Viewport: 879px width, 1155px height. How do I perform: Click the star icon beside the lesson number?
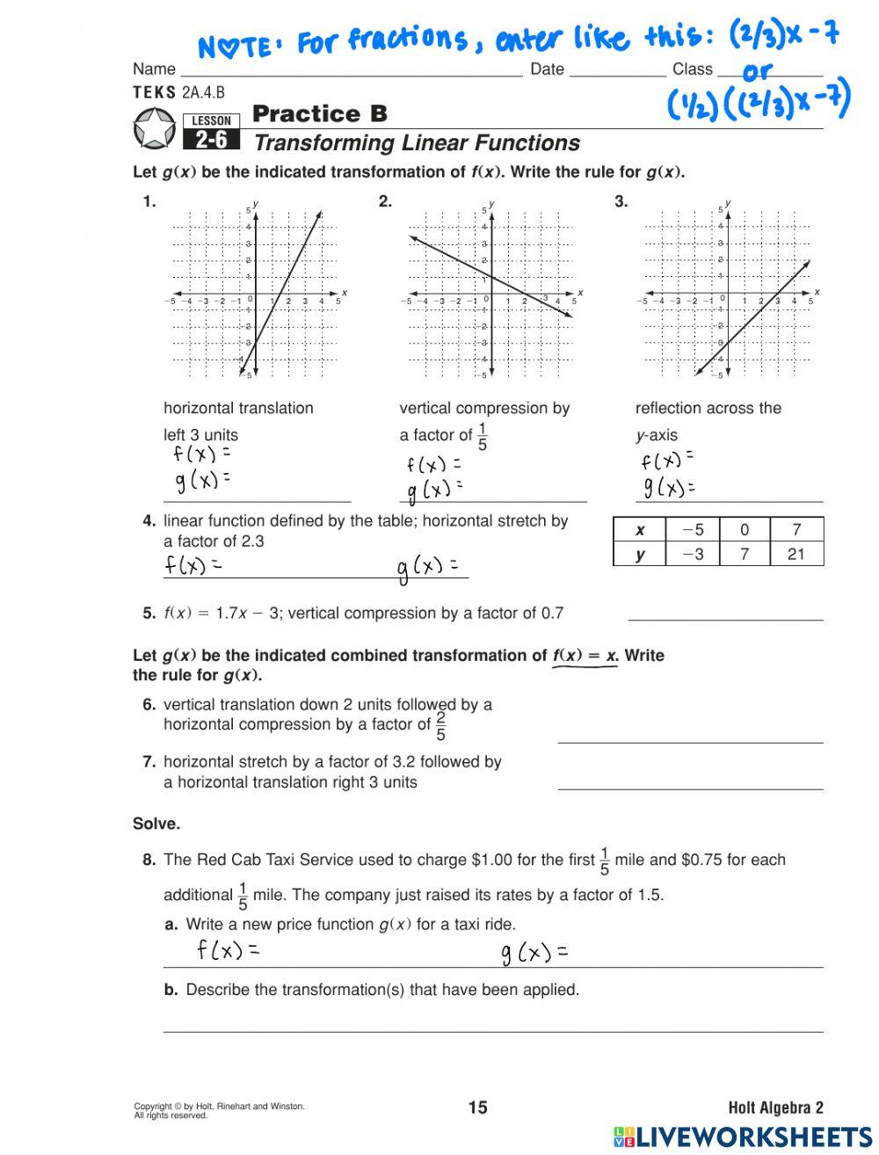(155, 127)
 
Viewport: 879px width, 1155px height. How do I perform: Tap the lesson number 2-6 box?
(211, 140)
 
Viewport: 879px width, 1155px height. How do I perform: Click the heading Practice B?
(319, 113)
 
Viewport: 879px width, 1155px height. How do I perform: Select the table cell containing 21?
(796, 554)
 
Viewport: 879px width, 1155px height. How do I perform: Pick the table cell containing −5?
(693, 529)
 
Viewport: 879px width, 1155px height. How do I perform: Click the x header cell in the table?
(640, 529)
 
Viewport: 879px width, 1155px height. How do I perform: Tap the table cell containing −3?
(693, 554)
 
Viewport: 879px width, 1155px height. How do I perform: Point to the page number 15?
(477, 1108)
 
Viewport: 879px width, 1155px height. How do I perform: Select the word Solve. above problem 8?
(156, 824)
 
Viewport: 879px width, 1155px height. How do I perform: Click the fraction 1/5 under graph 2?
(483, 436)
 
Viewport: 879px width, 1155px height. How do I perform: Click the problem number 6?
(149, 704)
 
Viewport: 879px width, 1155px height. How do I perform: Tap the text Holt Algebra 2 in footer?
(775, 1108)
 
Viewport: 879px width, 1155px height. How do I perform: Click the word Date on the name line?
(547, 69)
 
